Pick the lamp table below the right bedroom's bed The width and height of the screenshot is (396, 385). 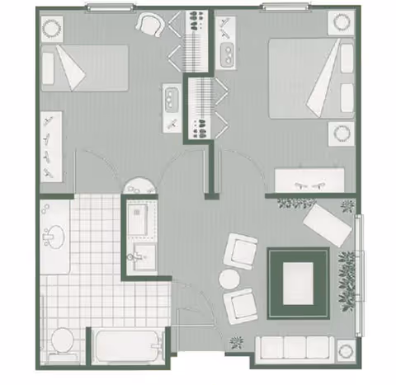[x=340, y=133]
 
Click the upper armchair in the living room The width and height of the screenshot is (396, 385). [x=244, y=250]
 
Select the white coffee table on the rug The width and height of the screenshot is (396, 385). [x=300, y=283]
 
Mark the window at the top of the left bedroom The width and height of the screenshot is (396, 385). [x=111, y=7]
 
